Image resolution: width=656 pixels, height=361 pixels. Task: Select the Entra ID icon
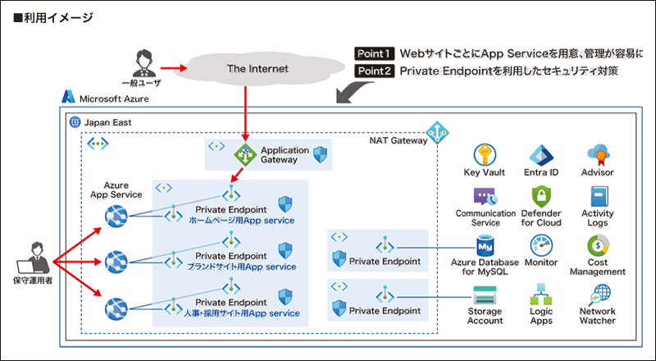point(541,155)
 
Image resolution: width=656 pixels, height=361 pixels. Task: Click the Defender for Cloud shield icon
point(541,196)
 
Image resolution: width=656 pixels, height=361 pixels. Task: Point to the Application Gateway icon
point(245,153)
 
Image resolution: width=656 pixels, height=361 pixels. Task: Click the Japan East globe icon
point(75,121)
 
